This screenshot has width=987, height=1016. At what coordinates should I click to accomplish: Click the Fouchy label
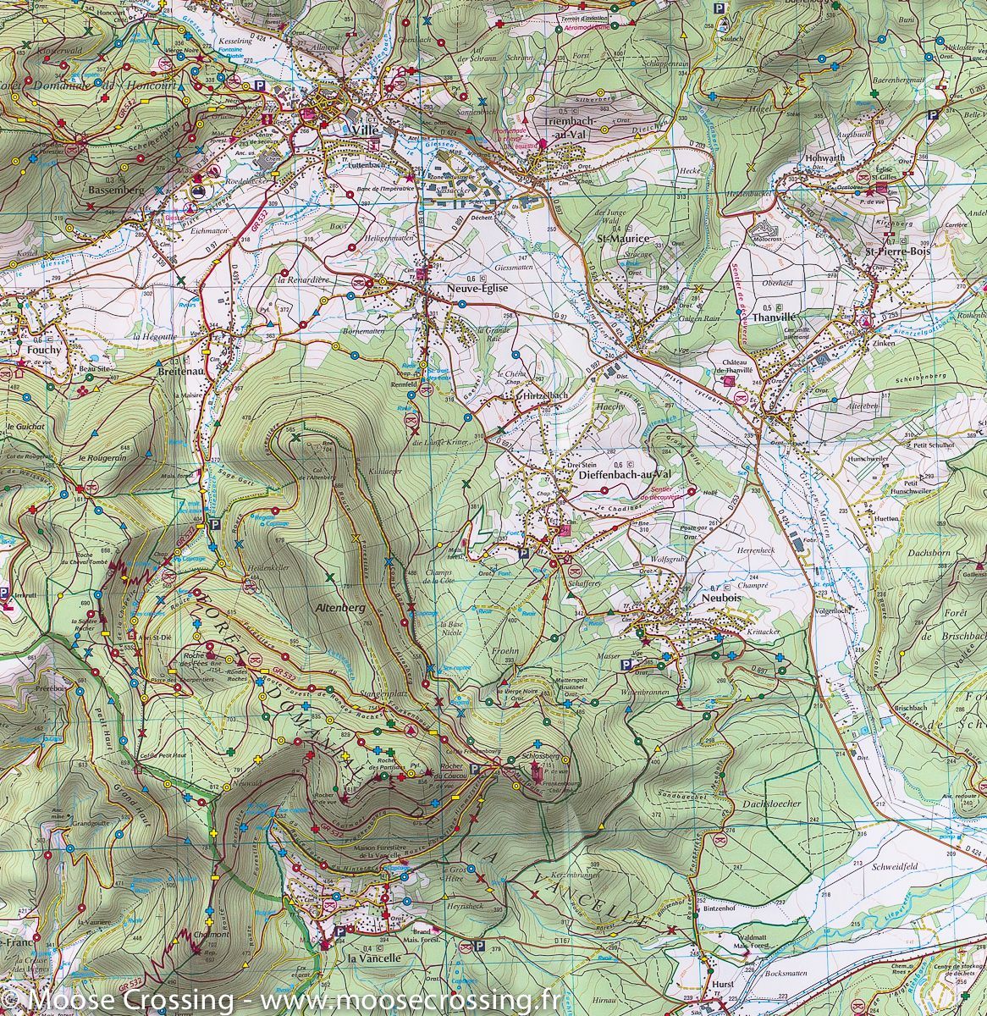click(x=43, y=349)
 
